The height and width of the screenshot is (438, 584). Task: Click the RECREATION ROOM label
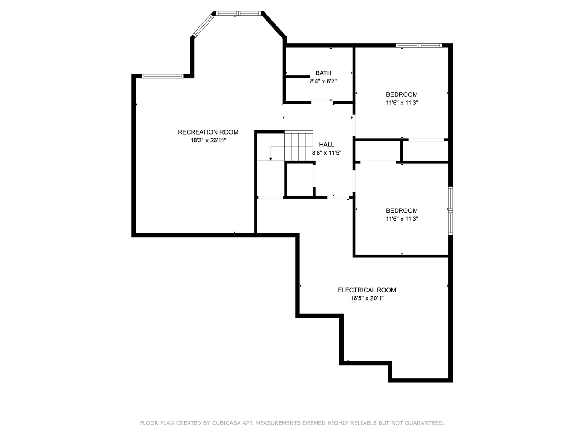click(x=208, y=132)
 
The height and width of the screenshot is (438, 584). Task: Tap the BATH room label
click(x=323, y=73)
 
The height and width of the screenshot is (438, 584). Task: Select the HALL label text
click(x=327, y=145)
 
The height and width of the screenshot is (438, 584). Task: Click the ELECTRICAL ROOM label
click(x=367, y=290)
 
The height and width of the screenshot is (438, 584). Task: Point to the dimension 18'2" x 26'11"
click(x=208, y=140)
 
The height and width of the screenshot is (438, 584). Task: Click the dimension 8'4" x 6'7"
click(x=323, y=81)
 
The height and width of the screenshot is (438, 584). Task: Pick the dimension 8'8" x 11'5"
click(x=327, y=153)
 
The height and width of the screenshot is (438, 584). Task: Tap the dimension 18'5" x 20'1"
click(x=367, y=298)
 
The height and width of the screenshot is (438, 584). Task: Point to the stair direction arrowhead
click(x=271, y=159)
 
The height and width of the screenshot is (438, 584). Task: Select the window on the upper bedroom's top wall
click(x=419, y=46)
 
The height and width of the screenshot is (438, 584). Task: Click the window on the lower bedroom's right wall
click(x=450, y=211)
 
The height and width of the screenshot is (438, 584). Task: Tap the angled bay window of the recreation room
click(x=203, y=25)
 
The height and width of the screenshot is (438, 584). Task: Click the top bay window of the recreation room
click(x=238, y=13)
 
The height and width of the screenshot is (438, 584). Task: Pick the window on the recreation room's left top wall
click(x=162, y=76)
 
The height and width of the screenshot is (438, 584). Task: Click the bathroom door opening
click(x=322, y=102)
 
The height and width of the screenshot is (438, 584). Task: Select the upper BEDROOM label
click(x=402, y=94)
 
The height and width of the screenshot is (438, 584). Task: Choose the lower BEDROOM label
click(x=402, y=211)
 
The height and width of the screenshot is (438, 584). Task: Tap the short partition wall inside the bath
click(x=298, y=77)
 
